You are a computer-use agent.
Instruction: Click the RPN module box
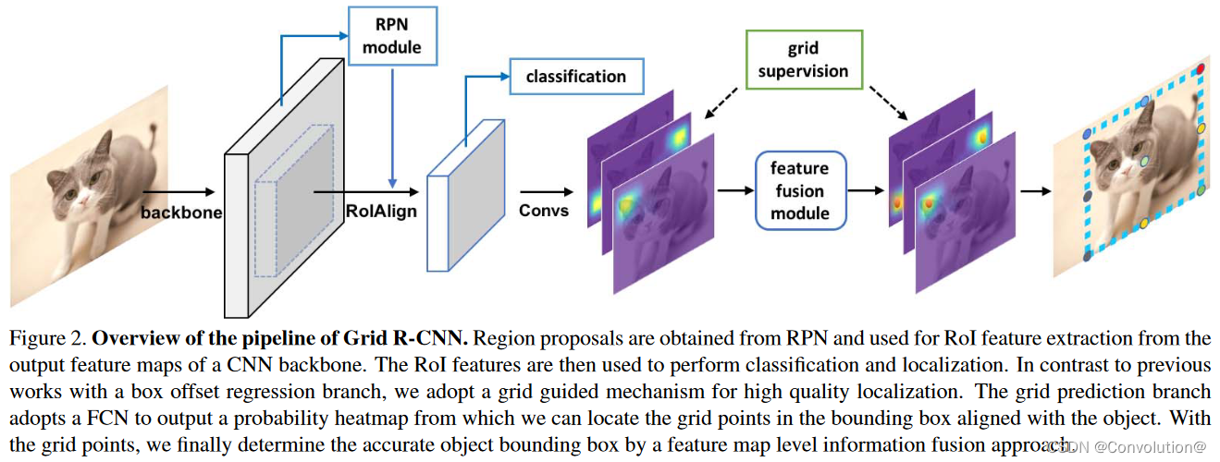[x=391, y=35]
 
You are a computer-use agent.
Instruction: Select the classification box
[x=575, y=77]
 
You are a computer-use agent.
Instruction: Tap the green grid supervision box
[x=804, y=60]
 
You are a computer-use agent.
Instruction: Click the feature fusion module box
[x=799, y=191]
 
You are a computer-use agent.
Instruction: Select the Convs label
[x=543, y=211]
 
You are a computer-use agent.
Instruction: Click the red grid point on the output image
[x=1201, y=69]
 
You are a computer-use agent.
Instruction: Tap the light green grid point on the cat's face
[x=1144, y=163]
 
